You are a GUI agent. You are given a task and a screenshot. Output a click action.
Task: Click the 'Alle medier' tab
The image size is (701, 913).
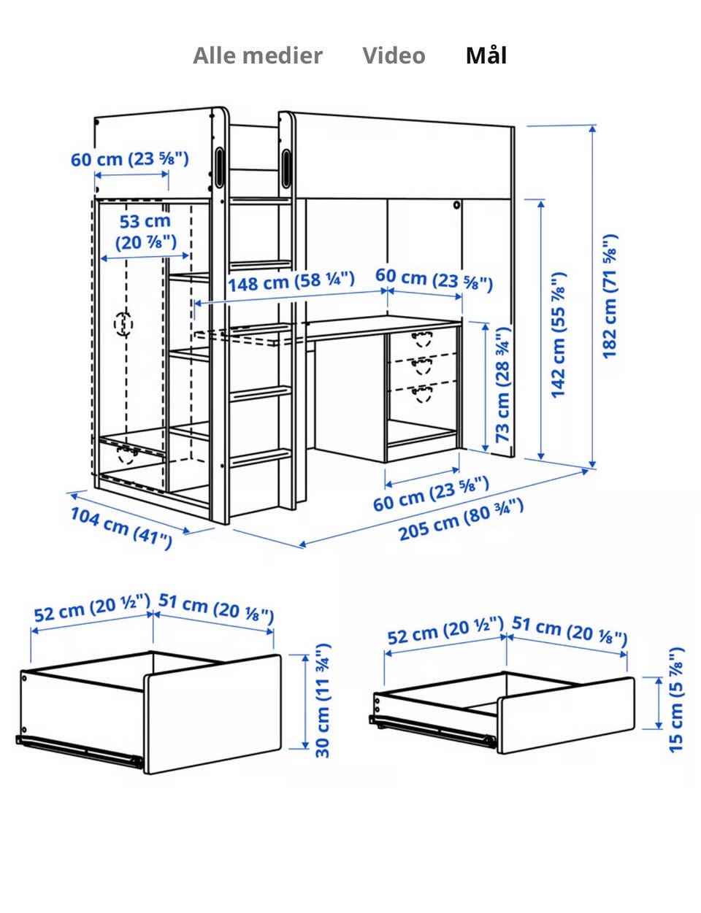tap(257, 55)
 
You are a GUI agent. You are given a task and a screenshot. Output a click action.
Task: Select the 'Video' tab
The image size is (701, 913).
tap(394, 55)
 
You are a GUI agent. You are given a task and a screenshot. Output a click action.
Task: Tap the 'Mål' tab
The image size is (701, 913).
tap(486, 55)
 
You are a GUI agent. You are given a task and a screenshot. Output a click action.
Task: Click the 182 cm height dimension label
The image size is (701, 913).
tap(610, 296)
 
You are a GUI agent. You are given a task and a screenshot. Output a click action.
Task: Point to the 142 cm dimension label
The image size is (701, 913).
tap(559, 335)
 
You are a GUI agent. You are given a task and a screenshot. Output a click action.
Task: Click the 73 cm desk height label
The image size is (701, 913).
tap(502, 384)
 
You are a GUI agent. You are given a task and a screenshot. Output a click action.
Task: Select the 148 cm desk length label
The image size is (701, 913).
tap(291, 282)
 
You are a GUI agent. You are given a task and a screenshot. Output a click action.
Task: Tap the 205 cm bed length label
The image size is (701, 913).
tap(461, 520)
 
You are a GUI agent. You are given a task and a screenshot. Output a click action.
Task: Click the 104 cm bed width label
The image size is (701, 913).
tap(121, 528)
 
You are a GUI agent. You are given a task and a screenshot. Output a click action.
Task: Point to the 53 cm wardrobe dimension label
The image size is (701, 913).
tap(145, 231)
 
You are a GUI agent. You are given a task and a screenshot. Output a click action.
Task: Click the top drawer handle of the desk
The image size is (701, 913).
tap(422, 338)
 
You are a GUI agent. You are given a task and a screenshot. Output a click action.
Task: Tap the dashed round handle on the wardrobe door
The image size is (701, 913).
tap(123, 324)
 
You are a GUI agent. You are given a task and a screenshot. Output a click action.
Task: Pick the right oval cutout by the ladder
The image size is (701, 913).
tap(286, 168)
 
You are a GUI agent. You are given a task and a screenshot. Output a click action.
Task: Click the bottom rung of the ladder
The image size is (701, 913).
tap(261, 458)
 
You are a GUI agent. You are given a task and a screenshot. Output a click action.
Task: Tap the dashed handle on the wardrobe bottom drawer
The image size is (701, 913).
tap(127, 455)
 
